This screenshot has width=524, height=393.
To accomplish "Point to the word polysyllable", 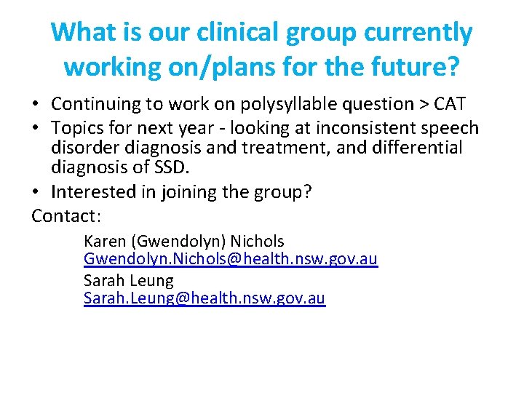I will coord(277,105).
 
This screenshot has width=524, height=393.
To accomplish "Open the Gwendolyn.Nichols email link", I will coord(231,259).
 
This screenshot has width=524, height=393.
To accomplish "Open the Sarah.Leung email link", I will coord(205,298).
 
